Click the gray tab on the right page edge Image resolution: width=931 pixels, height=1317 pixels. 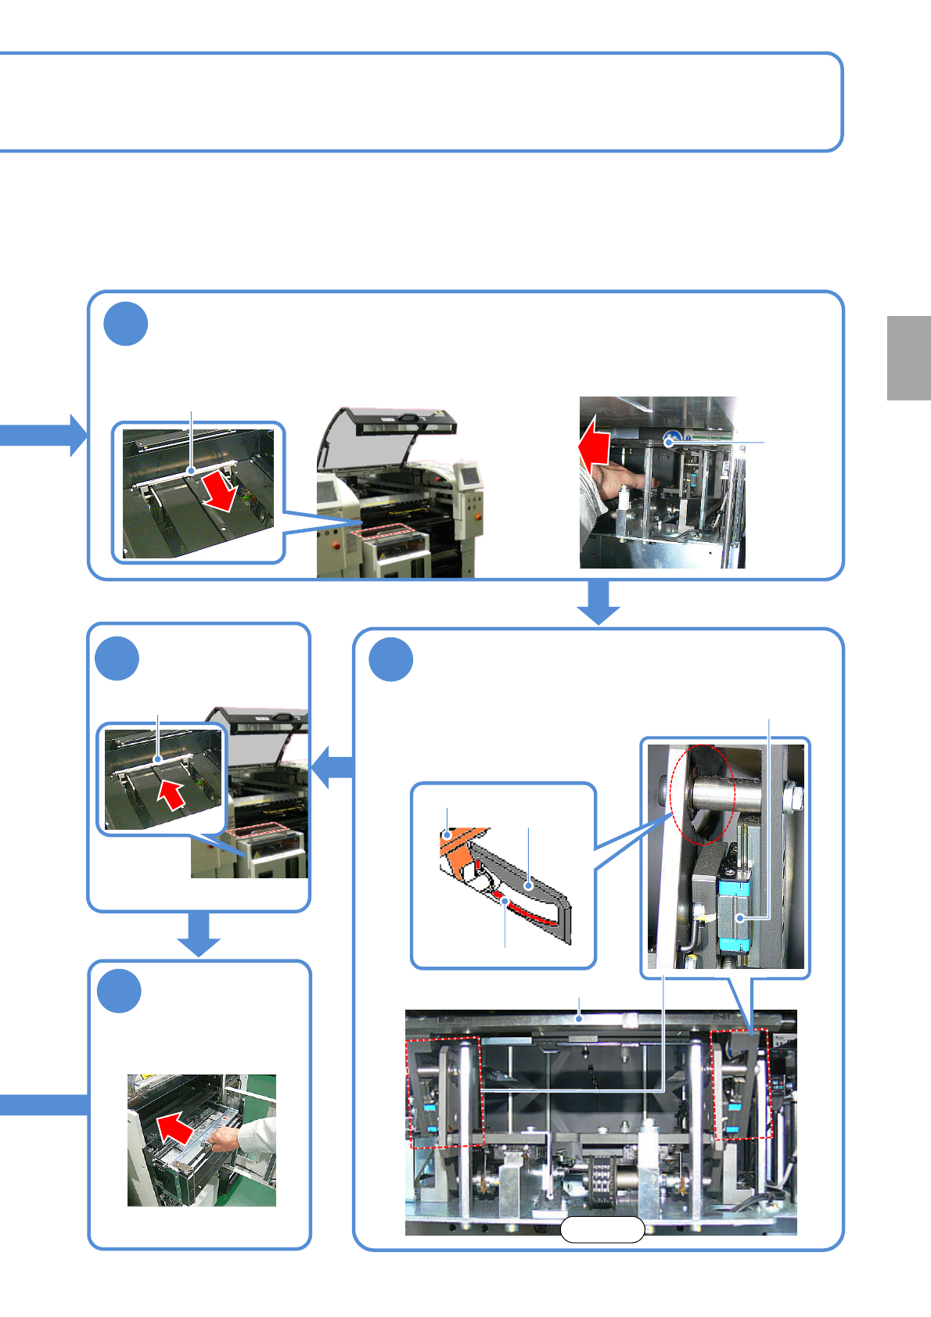(x=908, y=358)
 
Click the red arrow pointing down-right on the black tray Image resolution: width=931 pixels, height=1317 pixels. (x=220, y=493)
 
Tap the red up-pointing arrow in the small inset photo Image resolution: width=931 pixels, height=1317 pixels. (x=171, y=795)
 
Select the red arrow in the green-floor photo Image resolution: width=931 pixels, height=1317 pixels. (x=176, y=1128)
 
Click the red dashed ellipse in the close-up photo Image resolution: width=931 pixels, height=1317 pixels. (x=703, y=794)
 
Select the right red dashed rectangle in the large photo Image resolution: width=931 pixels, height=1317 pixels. (x=741, y=1085)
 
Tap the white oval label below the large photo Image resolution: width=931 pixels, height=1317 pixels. (x=602, y=1230)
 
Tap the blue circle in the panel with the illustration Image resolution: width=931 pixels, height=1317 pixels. (x=391, y=660)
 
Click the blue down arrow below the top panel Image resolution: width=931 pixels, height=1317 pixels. (x=598, y=602)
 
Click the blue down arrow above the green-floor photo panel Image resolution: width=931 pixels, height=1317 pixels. (x=199, y=935)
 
